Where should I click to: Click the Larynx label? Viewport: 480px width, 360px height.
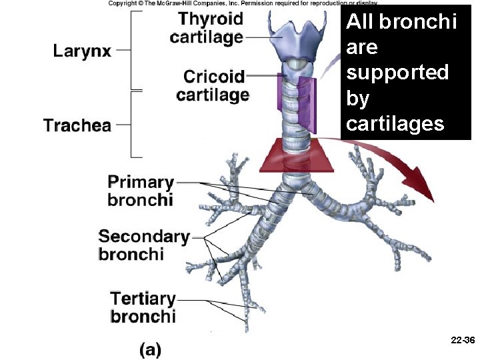(82, 51)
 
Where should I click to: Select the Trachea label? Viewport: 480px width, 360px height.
(77, 125)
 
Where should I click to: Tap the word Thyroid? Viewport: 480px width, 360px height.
(211, 19)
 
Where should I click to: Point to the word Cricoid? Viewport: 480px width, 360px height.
(214, 77)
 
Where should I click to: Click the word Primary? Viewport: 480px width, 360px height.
(141, 182)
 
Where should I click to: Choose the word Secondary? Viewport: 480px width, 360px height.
(143, 236)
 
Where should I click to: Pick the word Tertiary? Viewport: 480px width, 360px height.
(143, 298)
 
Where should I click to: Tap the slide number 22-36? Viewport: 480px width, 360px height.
(462, 340)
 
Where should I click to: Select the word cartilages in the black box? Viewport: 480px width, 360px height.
(395, 123)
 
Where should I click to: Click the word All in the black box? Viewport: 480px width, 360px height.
(361, 22)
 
